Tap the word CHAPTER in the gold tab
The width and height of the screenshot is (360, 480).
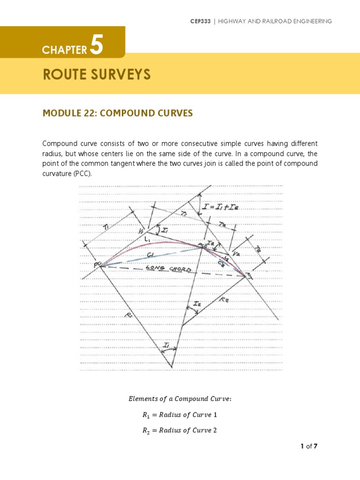tap(65, 50)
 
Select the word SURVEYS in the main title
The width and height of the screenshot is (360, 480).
tap(124, 75)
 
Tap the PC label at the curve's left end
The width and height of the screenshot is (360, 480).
tap(97, 265)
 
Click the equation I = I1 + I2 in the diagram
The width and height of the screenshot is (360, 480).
tap(220, 206)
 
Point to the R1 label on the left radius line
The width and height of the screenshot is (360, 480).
tap(129, 316)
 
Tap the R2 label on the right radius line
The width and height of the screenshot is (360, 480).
tap(224, 299)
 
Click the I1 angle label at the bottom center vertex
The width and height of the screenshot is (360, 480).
tap(167, 345)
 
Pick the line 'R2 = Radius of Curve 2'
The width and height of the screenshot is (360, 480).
tap(180, 430)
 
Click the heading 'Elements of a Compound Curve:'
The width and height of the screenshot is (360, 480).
tap(180, 399)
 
